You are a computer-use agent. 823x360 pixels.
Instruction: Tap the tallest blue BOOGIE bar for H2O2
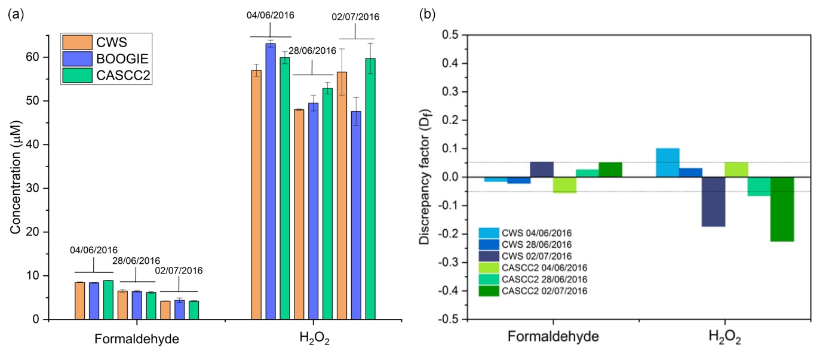point(271,179)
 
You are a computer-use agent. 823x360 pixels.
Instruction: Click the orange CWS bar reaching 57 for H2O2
point(256,194)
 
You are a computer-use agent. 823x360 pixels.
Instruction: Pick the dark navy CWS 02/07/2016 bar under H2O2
point(714,202)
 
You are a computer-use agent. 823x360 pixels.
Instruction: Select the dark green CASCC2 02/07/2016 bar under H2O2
point(782,209)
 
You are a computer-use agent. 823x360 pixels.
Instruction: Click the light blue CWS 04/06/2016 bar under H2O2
point(668,162)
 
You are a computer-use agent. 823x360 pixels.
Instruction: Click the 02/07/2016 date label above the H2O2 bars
point(355,17)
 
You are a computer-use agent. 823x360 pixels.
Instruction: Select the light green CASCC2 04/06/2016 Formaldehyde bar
point(565,185)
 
